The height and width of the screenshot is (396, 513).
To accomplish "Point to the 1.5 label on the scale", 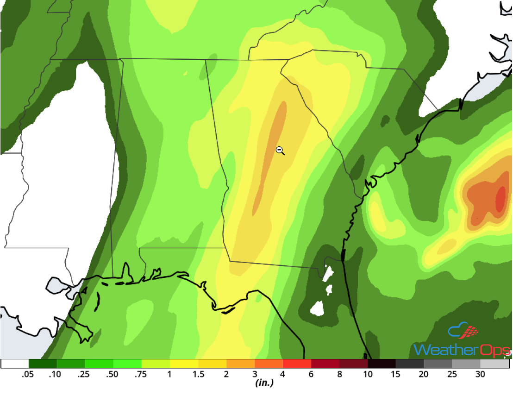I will [198, 374].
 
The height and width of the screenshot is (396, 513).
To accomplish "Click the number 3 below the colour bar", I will [255, 374].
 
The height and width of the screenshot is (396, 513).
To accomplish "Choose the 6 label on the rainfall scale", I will [312, 374].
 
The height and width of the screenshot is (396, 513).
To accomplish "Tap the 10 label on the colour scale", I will [368, 374].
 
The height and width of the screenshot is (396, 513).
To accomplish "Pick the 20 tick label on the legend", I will [424, 374].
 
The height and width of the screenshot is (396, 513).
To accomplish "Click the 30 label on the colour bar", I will [480, 374].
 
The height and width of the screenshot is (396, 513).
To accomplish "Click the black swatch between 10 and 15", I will [382, 364].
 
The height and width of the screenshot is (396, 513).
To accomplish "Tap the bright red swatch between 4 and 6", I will [297, 364].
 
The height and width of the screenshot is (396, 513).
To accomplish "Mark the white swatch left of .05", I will [15, 364].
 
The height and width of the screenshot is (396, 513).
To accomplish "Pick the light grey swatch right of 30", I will [494, 364].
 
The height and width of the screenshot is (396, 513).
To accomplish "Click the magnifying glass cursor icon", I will [280, 150].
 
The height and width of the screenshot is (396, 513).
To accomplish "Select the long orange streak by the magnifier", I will [271, 153].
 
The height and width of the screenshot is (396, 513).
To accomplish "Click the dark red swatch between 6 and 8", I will [325, 364].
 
